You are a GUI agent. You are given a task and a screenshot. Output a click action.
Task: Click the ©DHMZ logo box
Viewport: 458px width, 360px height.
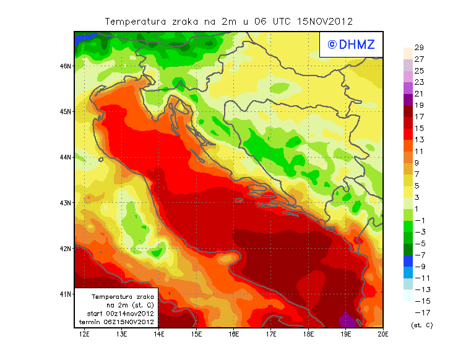349,44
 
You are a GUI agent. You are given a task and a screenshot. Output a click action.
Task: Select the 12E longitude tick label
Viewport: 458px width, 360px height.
85,335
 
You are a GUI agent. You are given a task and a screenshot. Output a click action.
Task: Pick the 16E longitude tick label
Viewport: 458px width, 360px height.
234,335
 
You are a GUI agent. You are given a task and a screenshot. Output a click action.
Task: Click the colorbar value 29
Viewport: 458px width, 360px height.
419,48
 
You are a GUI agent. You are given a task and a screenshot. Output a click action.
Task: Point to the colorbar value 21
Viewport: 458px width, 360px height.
419,94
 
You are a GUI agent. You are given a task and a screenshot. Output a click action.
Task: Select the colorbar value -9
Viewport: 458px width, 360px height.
419,267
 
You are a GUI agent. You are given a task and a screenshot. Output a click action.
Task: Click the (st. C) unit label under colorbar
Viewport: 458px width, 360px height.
421,325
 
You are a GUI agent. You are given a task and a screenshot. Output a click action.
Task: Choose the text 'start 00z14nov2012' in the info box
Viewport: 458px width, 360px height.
118,314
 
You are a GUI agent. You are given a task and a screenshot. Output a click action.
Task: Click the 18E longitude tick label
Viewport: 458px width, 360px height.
309,335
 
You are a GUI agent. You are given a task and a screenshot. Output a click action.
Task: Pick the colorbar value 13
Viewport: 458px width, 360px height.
419,140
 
